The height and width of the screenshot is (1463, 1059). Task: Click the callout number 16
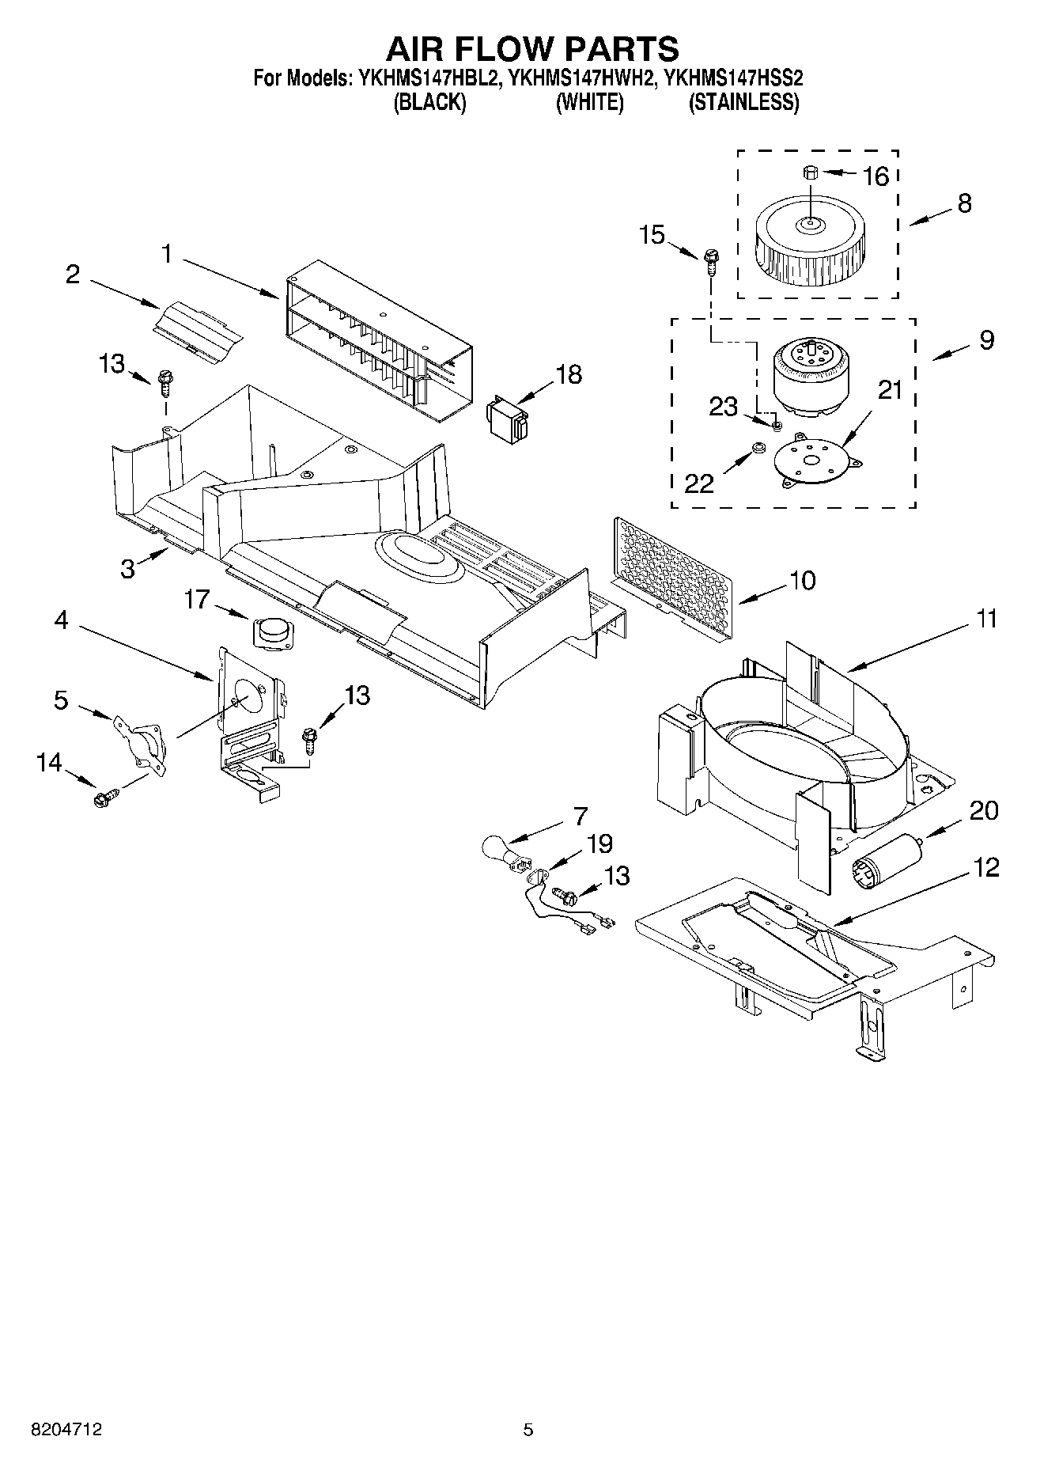tap(876, 176)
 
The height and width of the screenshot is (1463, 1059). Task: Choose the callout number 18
tap(568, 374)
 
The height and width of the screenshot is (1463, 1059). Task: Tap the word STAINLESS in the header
tap(743, 102)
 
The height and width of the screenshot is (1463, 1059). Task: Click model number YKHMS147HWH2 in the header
tap(581, 78)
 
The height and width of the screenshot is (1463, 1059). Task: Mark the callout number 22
tap(699, 483)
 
